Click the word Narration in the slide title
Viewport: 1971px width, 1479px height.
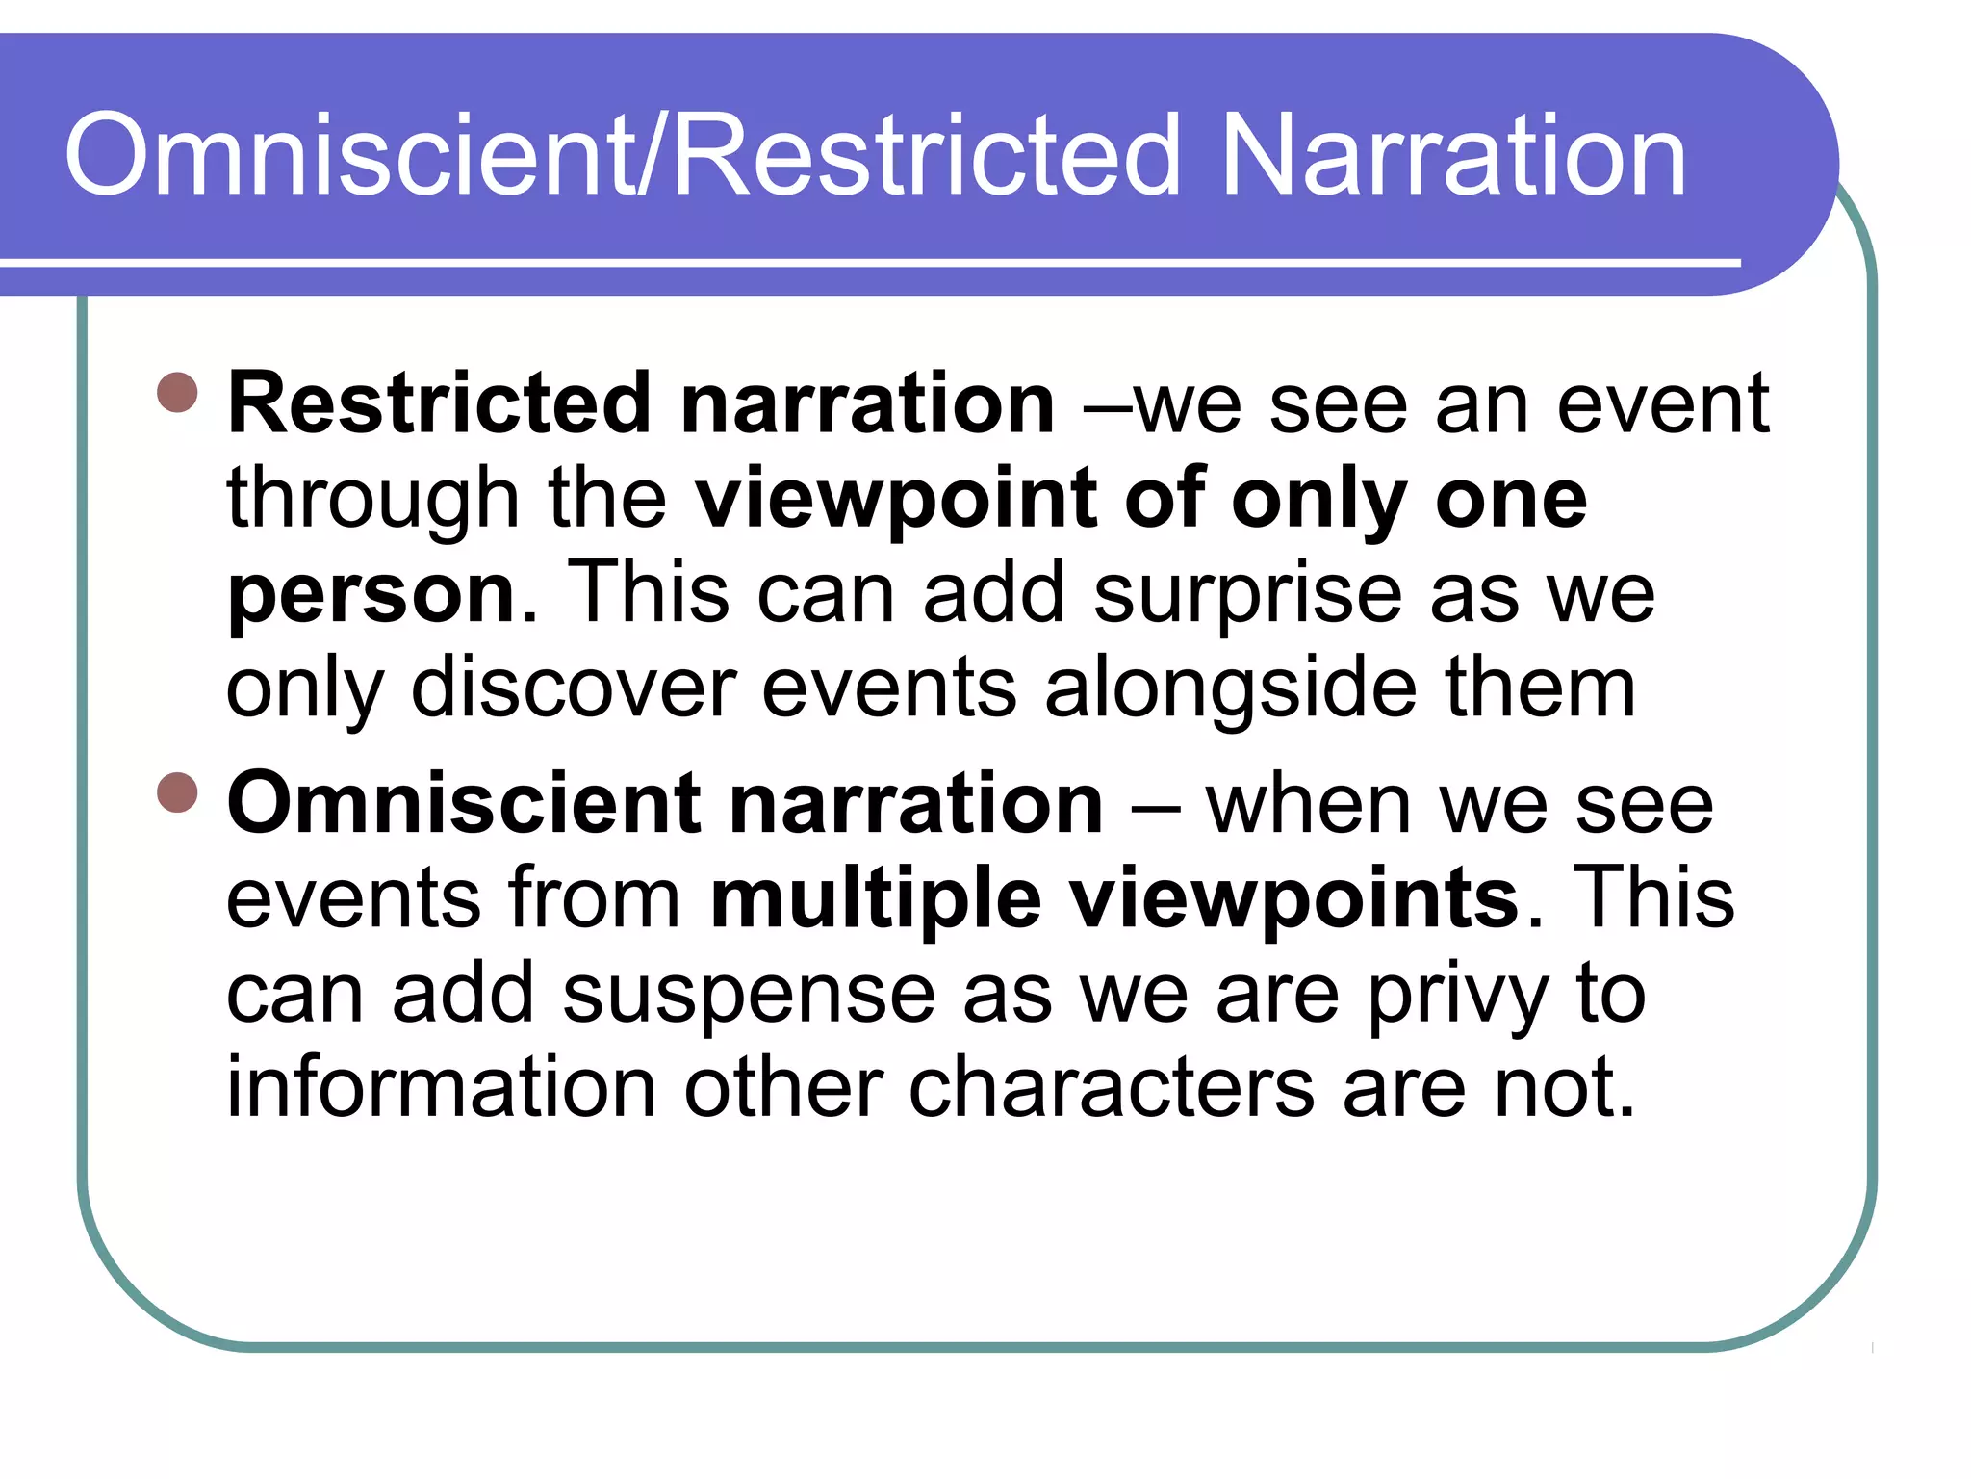click(1453, 156)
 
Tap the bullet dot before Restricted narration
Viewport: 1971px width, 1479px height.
click(177, 392)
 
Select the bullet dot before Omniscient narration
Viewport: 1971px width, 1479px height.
click(177, 792)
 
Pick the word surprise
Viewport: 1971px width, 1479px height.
click(1247, 595)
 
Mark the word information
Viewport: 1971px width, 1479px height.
click(441, 1088)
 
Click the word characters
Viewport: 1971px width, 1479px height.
click(1112, 1088)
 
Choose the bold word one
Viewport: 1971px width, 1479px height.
click(1511, 499)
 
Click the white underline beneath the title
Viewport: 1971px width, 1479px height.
click(866, 262)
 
